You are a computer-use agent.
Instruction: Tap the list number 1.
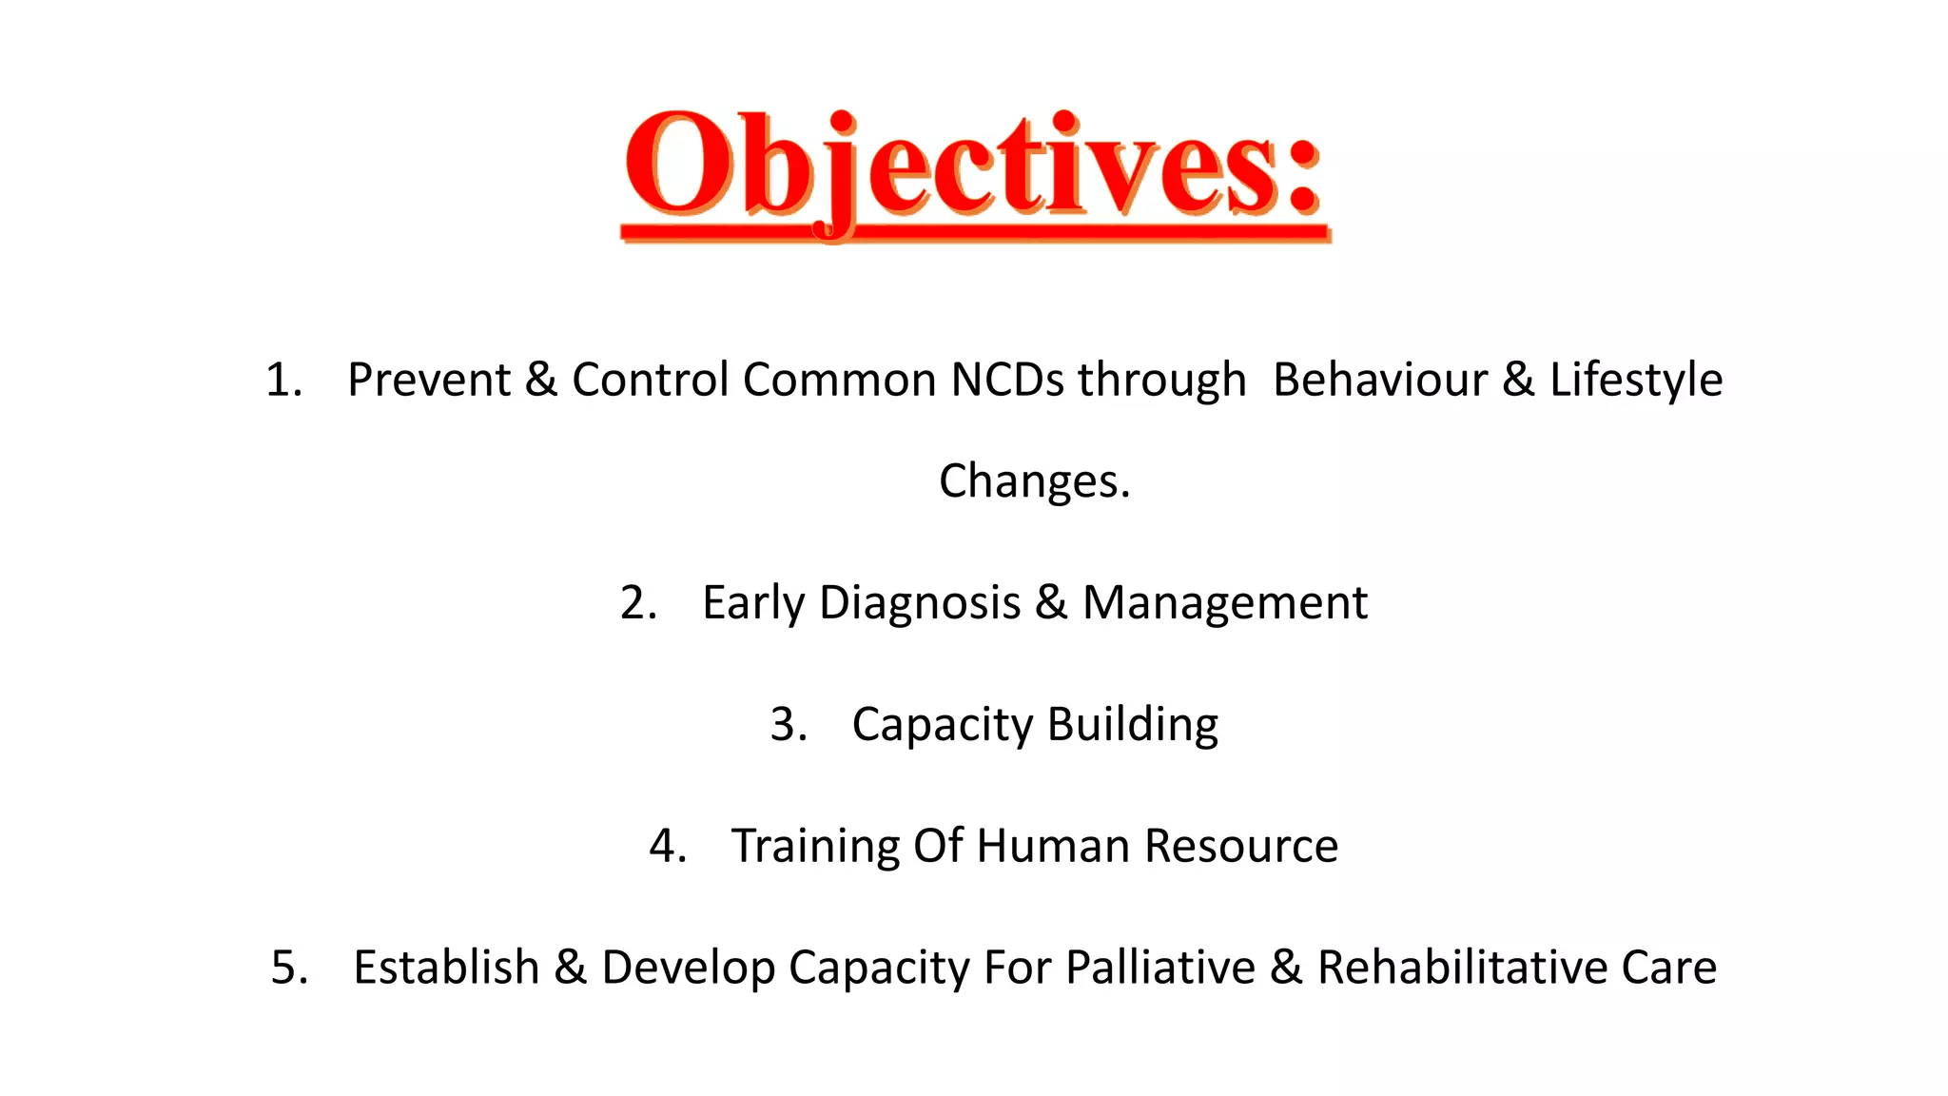tap(282, 381)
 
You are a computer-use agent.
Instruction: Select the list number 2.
tap(637, 603)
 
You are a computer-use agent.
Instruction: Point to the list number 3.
tap(788, 725)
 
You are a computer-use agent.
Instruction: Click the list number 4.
tap(667, 846)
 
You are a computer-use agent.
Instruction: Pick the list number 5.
tap(289, 968)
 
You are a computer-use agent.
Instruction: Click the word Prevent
tap(429, 381)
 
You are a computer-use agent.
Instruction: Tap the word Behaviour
tap(1380, 381)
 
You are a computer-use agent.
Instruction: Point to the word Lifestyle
tap(1635, 381)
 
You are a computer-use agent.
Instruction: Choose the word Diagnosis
tap(920, 603)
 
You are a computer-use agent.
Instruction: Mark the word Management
tap(1225, 603)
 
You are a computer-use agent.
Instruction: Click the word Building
tap(1133, 725)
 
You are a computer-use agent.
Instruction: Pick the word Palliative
tap(1160, 968)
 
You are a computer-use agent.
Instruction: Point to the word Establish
tap(446, 968)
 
